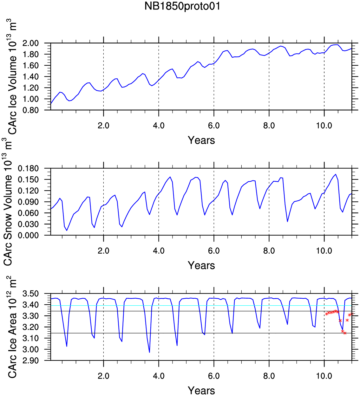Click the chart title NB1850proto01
point(182,7)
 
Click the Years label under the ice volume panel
point(201,140)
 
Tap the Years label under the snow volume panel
point(201,265)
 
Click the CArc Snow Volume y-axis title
point(8,201)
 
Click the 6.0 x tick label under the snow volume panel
point(214,251)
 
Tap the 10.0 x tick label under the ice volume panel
point(324,126)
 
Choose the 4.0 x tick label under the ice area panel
point(159,376)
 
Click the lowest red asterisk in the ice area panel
point(345,333)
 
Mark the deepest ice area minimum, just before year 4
point(149,352)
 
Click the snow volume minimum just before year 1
point(67,230)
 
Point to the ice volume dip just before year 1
point(69,101)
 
